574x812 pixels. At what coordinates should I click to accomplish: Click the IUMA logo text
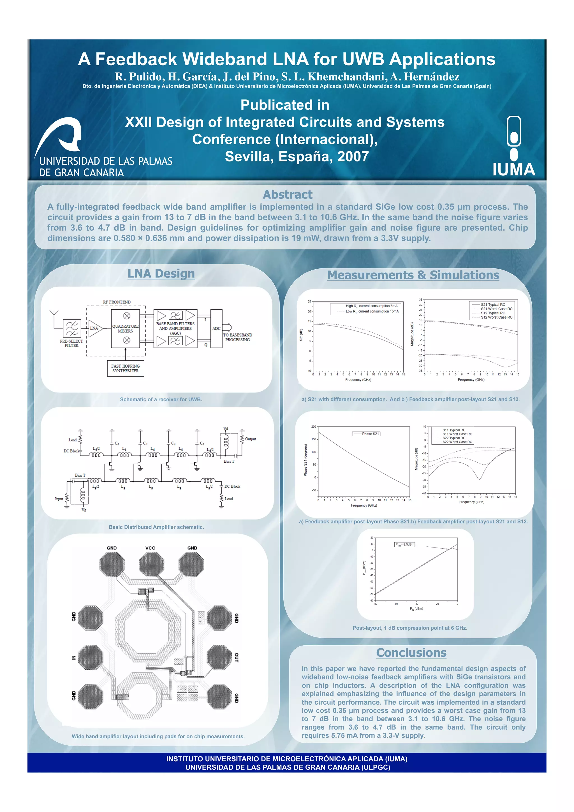[x=513, y=170]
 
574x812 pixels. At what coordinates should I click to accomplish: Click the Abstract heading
[x=287, y=194]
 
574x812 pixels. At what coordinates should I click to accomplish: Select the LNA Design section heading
[x=161, y=274]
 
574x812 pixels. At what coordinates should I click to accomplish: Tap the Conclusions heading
[x=411, y=653]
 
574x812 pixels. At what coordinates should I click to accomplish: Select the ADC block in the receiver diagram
[x=216, y=329]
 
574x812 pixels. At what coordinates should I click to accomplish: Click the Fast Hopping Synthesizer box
[x=125, y=368]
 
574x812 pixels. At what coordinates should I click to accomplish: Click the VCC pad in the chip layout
[x=151, y=564]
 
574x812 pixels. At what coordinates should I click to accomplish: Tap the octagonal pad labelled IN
[x=91, y=657]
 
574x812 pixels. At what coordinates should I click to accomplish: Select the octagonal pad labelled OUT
[x=219, y=657]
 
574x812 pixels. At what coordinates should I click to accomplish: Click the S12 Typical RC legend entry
[x=493, y=313]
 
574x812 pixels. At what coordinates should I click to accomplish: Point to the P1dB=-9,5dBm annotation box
[x=405, y=544]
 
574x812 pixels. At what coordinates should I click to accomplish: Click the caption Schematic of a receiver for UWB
[x=161, y=399]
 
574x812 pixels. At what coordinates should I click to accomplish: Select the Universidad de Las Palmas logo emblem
[x=60, y=136]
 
